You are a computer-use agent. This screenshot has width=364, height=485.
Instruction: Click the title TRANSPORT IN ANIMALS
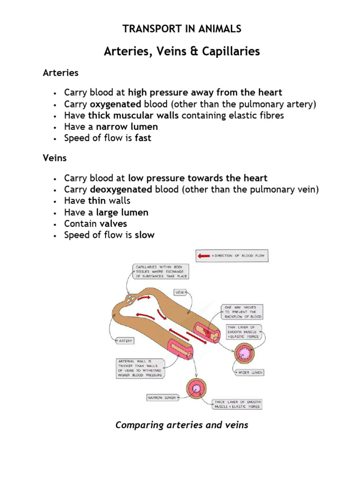coord(182,29)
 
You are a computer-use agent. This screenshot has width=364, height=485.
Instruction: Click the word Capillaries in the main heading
coord(232,52)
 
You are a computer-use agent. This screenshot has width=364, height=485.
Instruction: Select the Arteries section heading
coord(61,73)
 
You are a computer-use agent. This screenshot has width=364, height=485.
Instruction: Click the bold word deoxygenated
coord(121,189)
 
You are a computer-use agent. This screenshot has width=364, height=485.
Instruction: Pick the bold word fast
coord(143,138)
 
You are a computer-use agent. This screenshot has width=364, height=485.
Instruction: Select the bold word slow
coord(145,235)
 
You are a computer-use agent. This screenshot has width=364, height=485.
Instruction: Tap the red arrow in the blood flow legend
coord(204,256)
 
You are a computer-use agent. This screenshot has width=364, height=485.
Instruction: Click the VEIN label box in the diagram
coord(180,293)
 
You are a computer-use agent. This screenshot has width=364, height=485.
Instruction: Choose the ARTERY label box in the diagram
coord(126,341)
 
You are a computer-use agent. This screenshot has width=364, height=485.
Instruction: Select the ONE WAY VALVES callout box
coord(241,312)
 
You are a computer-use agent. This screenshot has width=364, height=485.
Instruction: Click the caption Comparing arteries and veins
coord(182,425)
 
